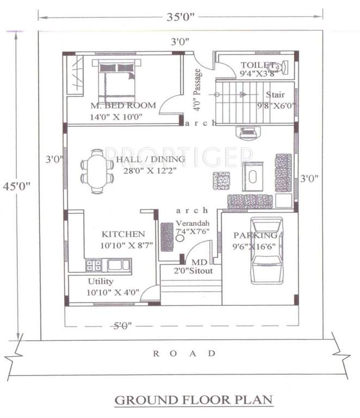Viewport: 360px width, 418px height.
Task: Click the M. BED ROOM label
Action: (x=123, y=106)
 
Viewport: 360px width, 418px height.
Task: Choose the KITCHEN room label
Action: (x=123, y=234)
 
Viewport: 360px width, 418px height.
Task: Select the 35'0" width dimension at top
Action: (x=179, y=17)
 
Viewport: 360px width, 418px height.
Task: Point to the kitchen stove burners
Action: (x=94, y=265)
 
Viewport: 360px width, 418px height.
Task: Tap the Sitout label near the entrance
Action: (x=201, y=271)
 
